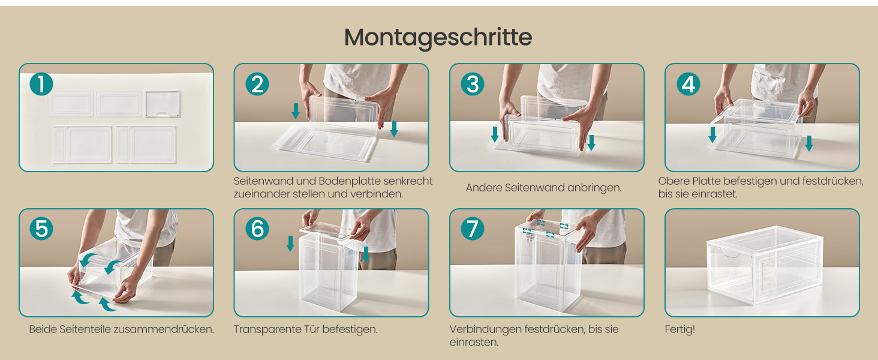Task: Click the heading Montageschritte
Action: point(438,38)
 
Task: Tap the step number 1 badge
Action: point(41,84)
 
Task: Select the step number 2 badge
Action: point(257,84)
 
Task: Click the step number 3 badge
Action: point(473,84)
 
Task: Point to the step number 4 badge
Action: point(688,84)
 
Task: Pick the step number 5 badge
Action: point(41,229)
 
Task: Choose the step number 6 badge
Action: point(257,229)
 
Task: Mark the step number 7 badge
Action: point(473,229)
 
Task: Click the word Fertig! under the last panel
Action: point(679,329)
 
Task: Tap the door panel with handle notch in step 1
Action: point(163,104)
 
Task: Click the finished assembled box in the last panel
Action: point(764,265)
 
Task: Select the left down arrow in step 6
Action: point(290,243)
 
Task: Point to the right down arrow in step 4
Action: point(808,143)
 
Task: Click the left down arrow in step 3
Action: point(495,134)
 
